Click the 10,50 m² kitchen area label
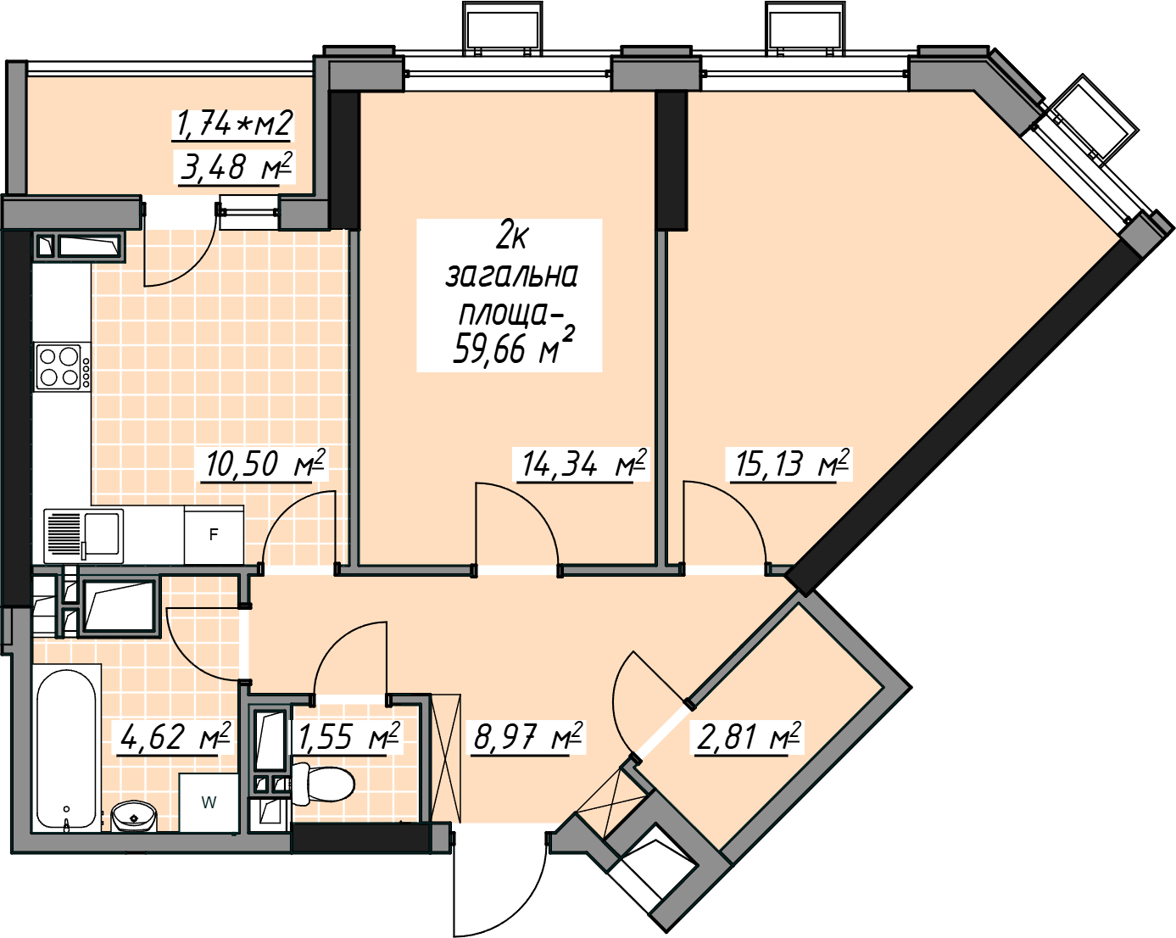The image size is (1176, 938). [x=265, y=464]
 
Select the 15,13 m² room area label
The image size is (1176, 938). [x=790, y=464]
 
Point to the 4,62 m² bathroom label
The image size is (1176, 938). [x=171, y=736]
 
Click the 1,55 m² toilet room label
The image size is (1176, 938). [x=348, y=736]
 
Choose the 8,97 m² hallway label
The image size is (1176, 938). [x=528, y=736]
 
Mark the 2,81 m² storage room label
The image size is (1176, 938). [x=748, y=736]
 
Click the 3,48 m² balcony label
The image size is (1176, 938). [x=236, y=167]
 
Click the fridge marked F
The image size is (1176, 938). [x=215, y=534]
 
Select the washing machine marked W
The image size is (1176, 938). [x=209, y=802]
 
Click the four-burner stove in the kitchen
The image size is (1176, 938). [x=62, y=366]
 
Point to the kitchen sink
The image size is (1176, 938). [x=83, y=536]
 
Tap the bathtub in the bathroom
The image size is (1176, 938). [x=67, y=749]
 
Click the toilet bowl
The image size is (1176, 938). [x=322, y=784]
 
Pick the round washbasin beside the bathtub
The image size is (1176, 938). [x=134, y=817]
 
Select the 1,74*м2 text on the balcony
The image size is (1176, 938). [x=233, y=124]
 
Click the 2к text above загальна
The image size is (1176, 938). [x=510, y=239]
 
